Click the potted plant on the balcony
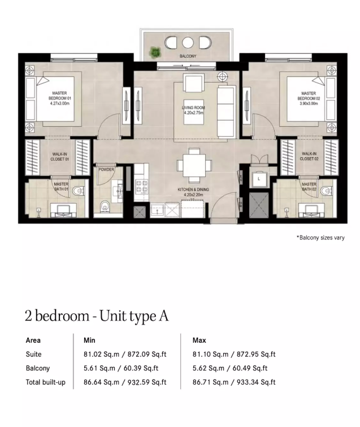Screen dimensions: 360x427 [155, 51]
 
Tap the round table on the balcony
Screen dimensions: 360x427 [188, 43]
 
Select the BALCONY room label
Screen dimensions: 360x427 [188, 56]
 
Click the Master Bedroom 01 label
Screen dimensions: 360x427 [59, 96]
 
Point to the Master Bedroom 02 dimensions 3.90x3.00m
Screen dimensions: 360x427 [309, 103]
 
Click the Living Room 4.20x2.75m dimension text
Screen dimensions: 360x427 [193, 113]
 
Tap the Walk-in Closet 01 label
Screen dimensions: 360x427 [59, 157]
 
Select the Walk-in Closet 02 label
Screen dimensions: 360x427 [309, 156]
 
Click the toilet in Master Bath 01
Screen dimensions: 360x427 [78, 191]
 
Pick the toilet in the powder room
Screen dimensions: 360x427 [105, 206]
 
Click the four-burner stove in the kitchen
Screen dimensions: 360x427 [141, 187]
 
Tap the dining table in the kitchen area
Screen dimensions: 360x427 [194, 165]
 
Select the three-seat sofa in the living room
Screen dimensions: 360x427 [226, 111]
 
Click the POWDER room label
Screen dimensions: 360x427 [106, 169]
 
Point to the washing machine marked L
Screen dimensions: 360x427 [259, 179]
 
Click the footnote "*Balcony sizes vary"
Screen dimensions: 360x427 [320, 238]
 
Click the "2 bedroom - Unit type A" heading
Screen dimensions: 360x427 [97, 316]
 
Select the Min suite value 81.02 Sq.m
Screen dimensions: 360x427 [101, 354]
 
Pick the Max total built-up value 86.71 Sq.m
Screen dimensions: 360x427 [210, 382]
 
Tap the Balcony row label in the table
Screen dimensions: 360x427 [38, 368]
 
